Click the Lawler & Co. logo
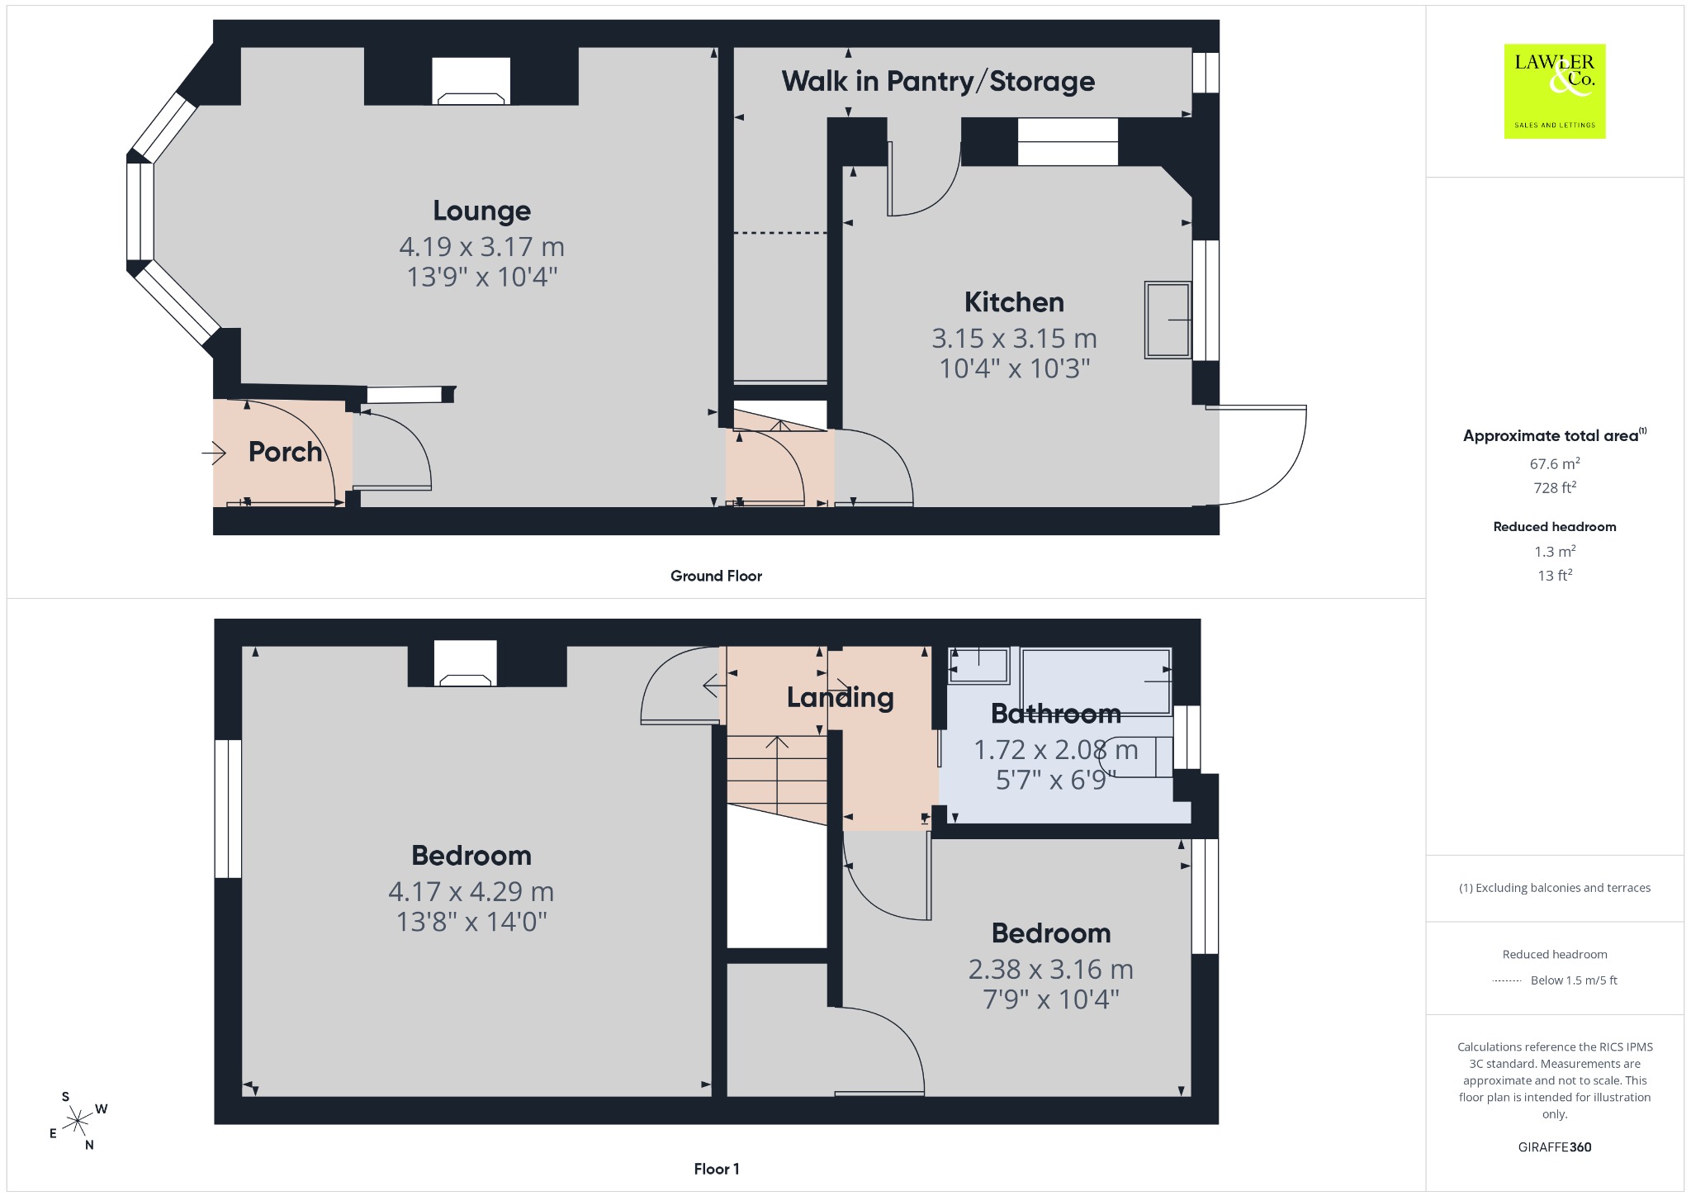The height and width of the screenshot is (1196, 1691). point(1555,91)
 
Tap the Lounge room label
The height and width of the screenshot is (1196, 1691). point(482,211)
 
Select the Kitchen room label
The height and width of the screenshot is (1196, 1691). point(1014,302)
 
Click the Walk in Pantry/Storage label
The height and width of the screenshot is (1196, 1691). point(938,81)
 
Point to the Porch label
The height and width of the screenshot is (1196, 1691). point(285,452)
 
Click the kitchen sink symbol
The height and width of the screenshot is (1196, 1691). point(1168,320)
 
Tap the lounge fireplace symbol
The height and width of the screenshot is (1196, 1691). point(471,81)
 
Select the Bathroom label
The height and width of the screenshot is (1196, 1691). point(1056,713)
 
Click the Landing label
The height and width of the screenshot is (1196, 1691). point(840,698)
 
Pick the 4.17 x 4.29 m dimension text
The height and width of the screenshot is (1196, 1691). point(471,891)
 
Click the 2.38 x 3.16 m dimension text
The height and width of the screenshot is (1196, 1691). point(1051,969)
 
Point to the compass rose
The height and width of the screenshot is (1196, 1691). point(78,1121)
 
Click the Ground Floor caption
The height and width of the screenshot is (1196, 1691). point(716,576)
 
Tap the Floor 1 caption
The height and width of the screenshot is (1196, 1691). point(717,1169)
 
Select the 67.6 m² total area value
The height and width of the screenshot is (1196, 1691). point(1555,463)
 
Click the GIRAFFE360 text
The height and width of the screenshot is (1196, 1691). point(1555,1146)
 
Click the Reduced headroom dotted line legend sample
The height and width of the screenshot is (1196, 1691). point(1507,980)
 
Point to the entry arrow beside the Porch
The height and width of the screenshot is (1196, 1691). point(214,453)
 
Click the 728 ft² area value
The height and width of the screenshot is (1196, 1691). point(1555,487)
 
